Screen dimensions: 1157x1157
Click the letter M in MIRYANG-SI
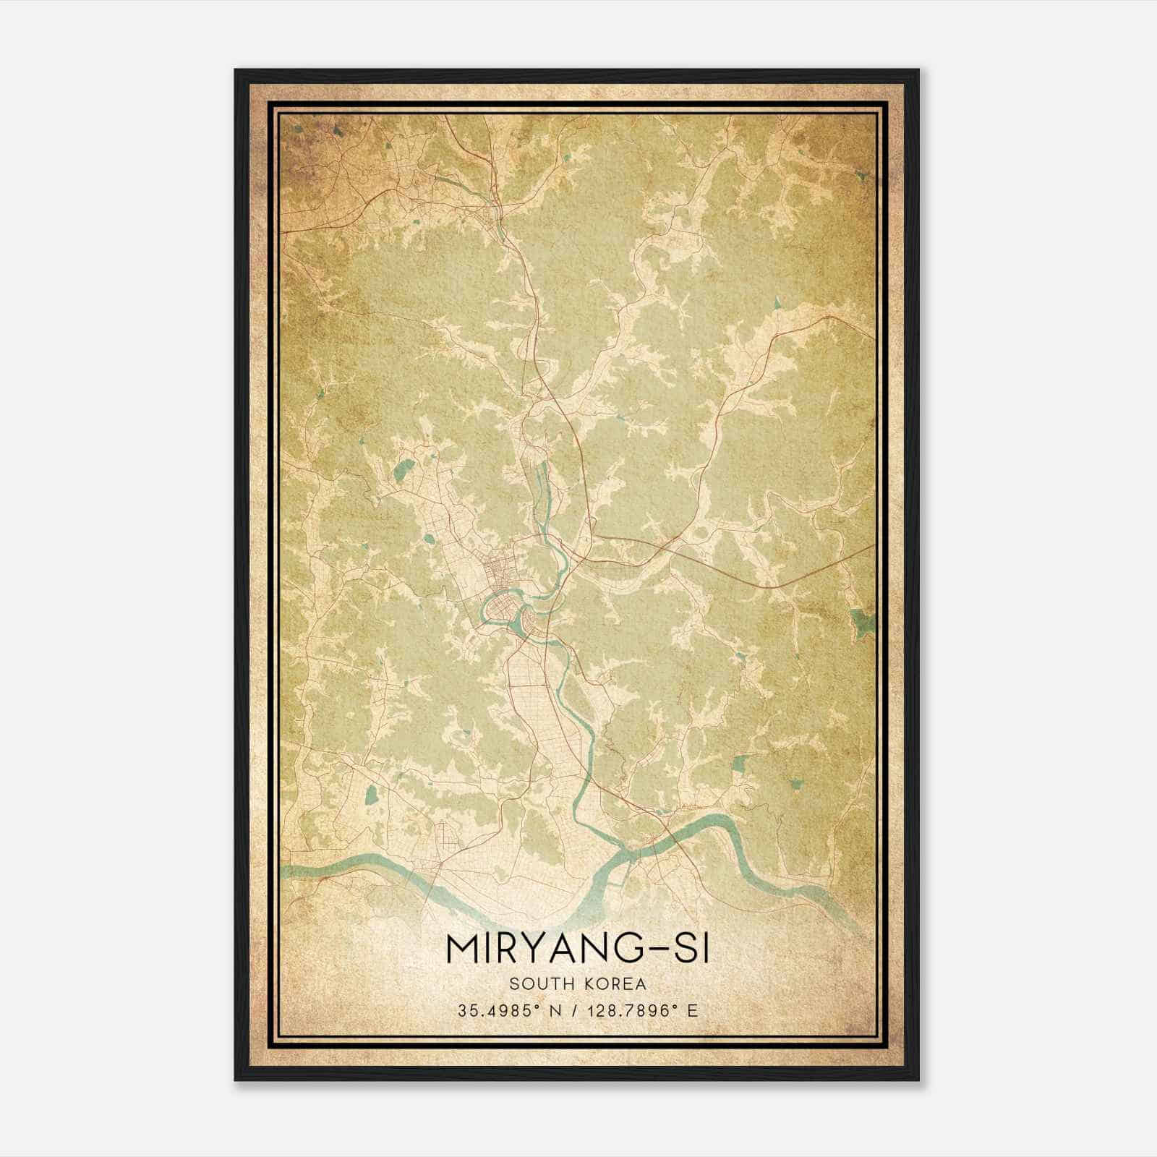tap(464, 949)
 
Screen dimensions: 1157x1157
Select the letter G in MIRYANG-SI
tap(626, 949)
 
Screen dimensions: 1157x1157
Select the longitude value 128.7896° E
tap(637, 1010)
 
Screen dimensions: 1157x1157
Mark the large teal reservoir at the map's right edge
tap(861, 621)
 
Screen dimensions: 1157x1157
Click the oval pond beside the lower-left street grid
tap(371, 796)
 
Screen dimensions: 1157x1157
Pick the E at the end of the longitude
tap(692, 1010)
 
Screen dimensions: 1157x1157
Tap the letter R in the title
tap(512, 949)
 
